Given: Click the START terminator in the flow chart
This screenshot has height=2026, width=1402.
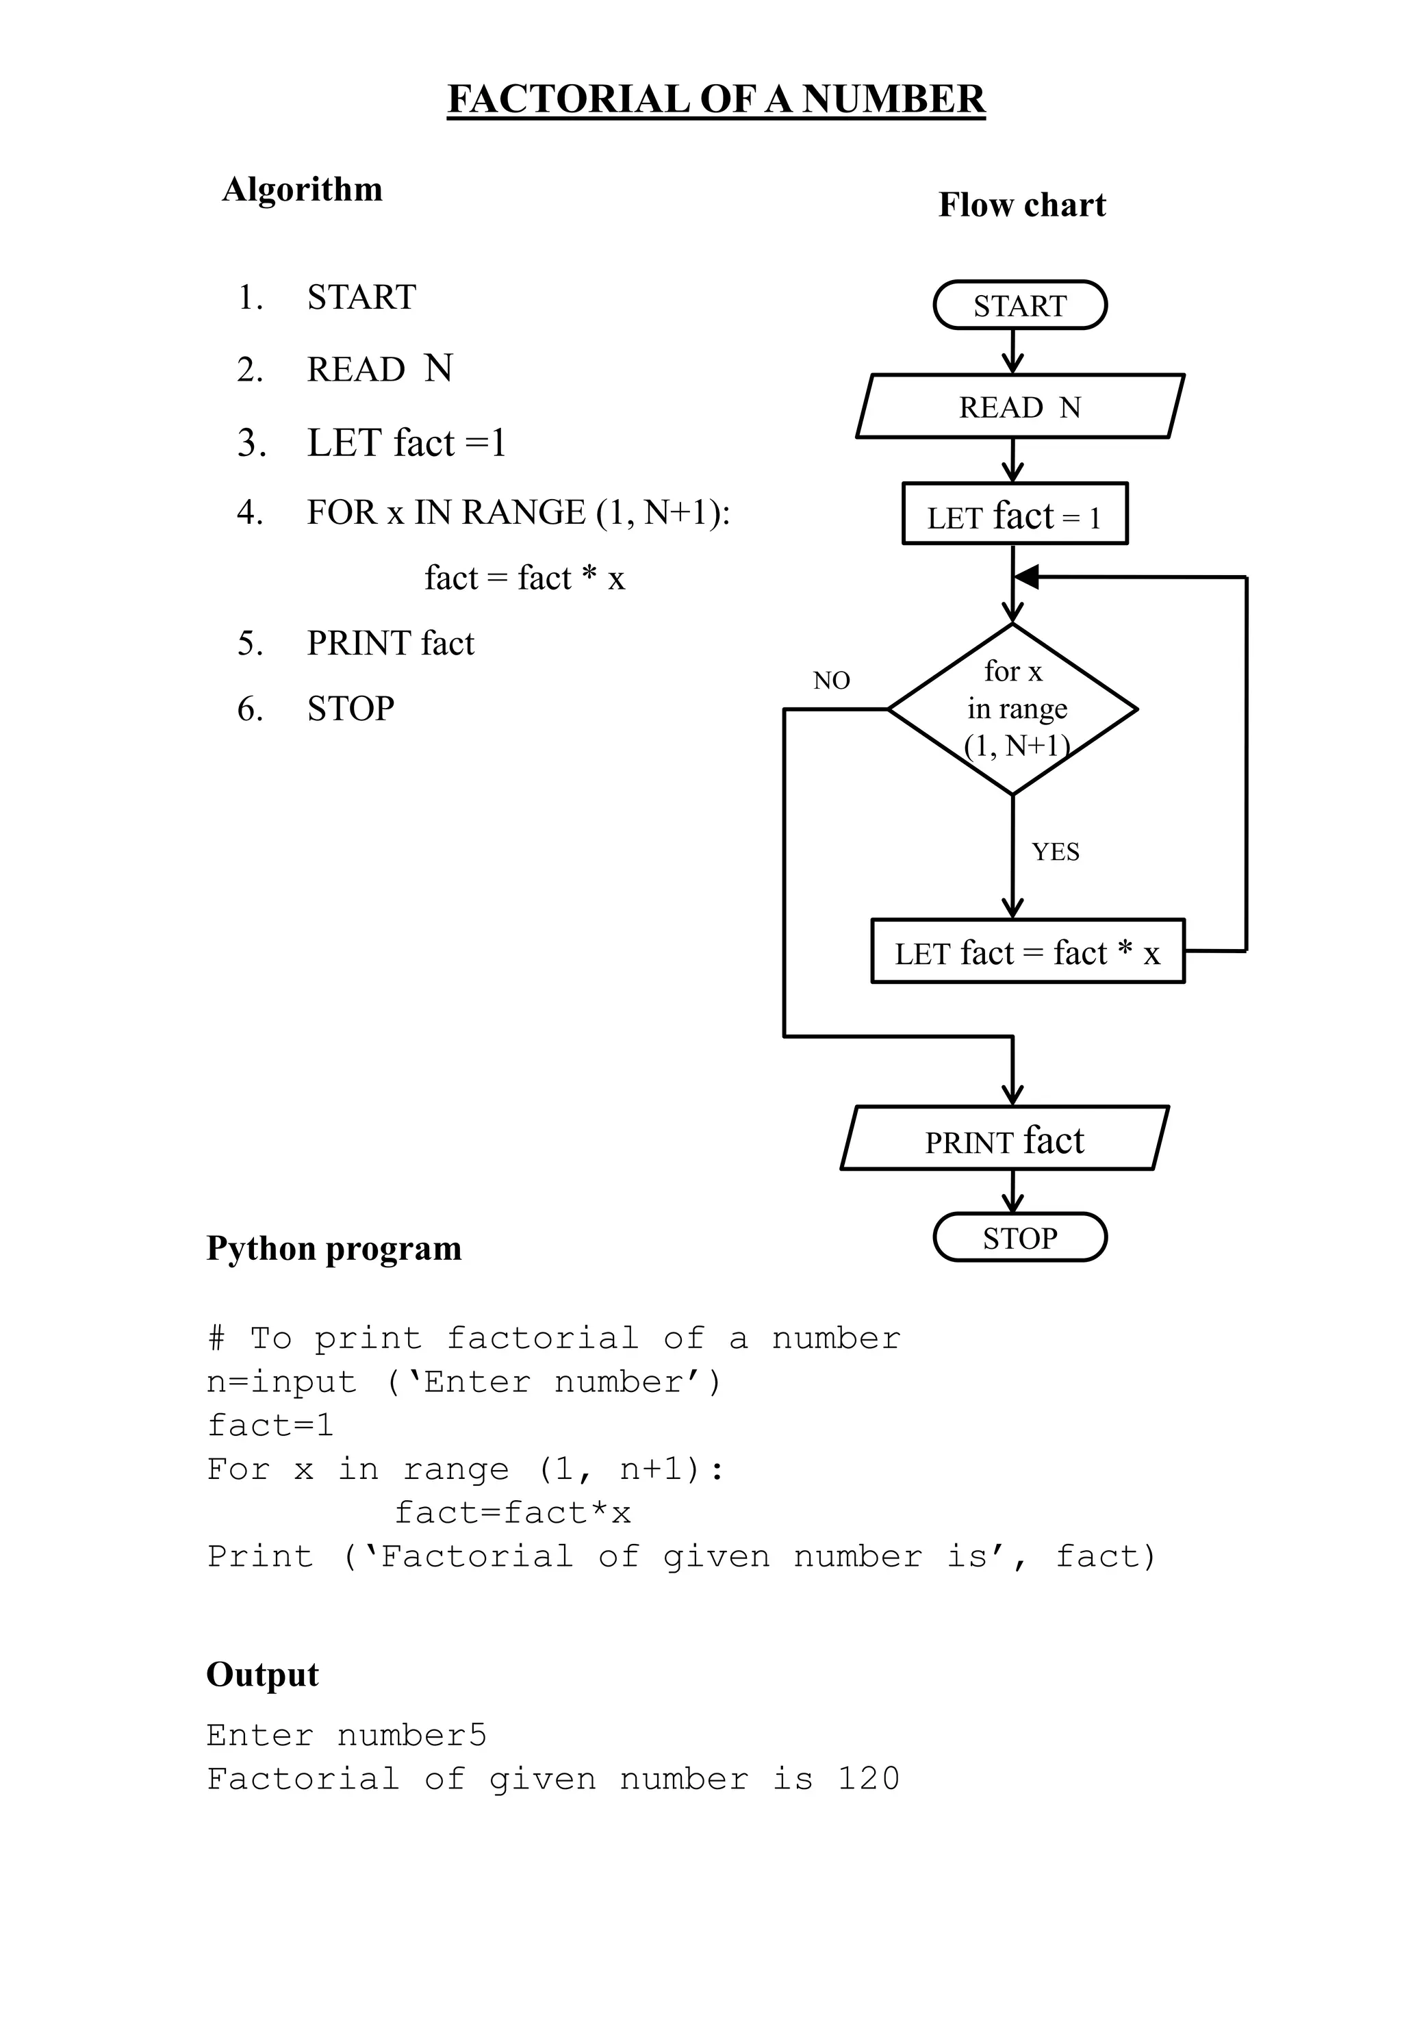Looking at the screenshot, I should click(x=1019, y=305).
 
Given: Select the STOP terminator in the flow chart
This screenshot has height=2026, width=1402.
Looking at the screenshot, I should click(x=1019, y=1238).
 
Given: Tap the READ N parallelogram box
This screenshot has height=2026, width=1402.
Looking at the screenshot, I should click(x=1019, y=407).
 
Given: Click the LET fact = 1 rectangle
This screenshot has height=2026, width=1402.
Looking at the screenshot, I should click(x=1014, y=515).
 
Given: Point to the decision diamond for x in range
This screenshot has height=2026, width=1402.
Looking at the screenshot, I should click(x=1013, y=709).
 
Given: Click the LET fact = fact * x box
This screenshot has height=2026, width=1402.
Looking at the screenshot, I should click(x=1027, y=952).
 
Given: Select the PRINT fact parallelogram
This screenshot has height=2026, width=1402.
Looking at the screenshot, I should click(x=1004, y=1139).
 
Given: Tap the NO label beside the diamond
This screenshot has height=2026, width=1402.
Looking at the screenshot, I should click(x=831, y=680).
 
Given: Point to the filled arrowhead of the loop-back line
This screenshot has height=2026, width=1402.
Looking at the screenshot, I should click(x=1026, y=577).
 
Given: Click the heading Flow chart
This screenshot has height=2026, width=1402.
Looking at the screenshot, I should click(x=1021, y=205).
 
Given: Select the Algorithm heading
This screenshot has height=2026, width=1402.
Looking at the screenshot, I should click(x=302, y=189).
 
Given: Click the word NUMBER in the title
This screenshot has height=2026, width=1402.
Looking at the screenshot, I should click(x=893, y=99).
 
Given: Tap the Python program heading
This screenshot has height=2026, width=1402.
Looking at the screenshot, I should click(x=334, y=1248).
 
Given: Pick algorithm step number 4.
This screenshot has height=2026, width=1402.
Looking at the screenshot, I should click(x=251, y=512).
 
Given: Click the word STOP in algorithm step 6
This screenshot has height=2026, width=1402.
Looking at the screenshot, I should click(x=350, y=708).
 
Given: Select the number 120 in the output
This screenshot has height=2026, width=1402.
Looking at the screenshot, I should click(x=868, y=1779).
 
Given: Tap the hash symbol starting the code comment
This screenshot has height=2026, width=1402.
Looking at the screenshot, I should click(x=216, y=1338).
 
